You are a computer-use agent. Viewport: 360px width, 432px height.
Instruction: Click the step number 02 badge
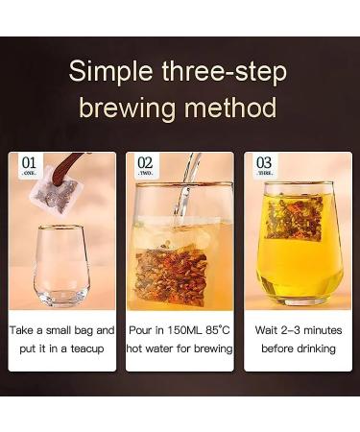145,167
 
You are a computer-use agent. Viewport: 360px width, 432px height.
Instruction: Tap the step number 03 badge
263,167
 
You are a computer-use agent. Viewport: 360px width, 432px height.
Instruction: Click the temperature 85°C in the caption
217,330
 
